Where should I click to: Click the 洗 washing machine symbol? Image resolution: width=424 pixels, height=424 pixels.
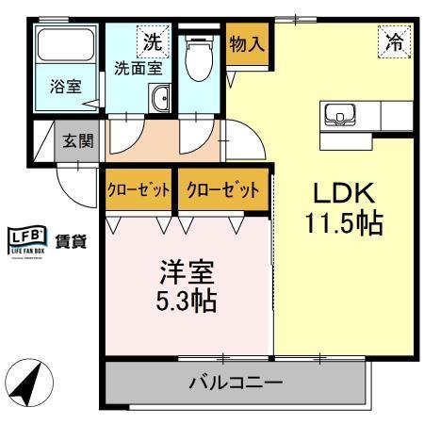pyautogui.click(x=152, y=41)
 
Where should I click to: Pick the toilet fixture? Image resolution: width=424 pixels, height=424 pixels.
pyautogui.click(x=198, y=58)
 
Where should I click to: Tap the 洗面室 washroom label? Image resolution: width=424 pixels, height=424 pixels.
pyautogui.click(x=138, y=67)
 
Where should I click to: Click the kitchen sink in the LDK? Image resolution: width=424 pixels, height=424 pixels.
pyautogui.click(x=336, y=115)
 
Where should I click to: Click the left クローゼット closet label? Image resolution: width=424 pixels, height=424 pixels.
pyautogui.click(x=139, y=189)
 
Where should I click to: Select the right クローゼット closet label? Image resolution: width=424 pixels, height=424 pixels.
pyautogui.click(x=222, y=189)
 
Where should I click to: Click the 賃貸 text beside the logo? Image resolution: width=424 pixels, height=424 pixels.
pyautogui.click(x=71, y=239)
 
